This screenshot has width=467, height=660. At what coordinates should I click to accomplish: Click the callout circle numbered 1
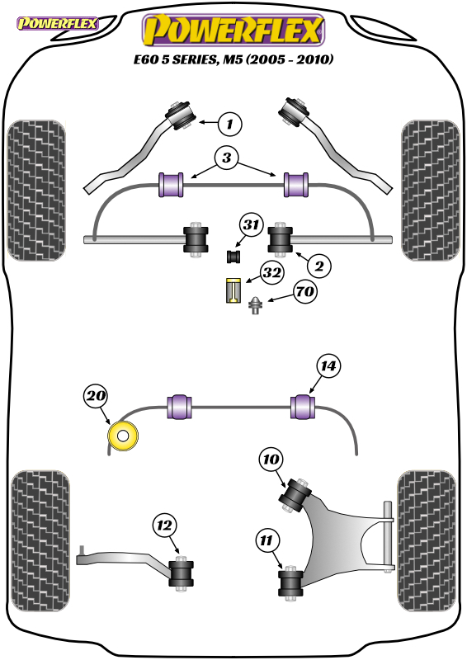tap(230, 124)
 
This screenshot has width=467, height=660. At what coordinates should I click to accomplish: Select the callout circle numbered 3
tap(227, 158)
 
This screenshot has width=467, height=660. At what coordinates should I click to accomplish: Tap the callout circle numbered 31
tap(252, 224)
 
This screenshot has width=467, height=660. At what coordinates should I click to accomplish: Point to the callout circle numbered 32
tap(271, 273)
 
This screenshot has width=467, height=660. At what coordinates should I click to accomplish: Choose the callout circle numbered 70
tap(306, 291)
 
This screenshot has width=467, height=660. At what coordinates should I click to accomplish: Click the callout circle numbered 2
tap(319, 266)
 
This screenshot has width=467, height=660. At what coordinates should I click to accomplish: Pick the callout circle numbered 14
tap(328, 365)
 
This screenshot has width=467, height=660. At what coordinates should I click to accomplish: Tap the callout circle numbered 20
tap(96, 396)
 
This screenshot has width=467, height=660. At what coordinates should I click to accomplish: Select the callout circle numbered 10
tap(271, 459)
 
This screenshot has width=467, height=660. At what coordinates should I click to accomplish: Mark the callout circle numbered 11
tap(267, 540)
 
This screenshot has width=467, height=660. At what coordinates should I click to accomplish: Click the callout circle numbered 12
tap(165, 525)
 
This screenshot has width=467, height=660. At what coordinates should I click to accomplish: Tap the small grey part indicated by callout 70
tap(254, 305)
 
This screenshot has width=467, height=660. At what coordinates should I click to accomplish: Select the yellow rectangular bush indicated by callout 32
tap(233, 290)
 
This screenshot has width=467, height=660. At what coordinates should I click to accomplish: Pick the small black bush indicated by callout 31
tap(233, 257)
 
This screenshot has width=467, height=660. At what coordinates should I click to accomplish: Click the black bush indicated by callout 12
tap(181, 573)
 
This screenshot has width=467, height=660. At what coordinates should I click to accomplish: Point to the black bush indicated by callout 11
tap(290, 583)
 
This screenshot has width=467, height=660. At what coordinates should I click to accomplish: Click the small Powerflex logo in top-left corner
tap(58, 24)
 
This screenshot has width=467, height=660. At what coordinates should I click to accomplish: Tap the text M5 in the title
tap(233, 59)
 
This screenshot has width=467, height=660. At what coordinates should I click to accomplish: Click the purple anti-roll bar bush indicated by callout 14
tap(303, 407)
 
